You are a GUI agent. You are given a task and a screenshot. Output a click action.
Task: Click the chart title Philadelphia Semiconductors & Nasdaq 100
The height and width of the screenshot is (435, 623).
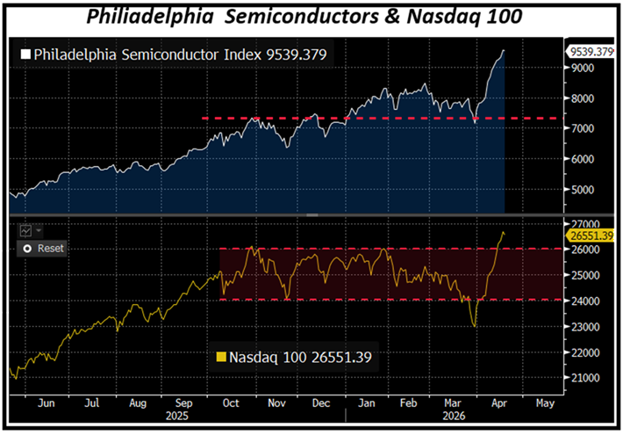tap(311, 17)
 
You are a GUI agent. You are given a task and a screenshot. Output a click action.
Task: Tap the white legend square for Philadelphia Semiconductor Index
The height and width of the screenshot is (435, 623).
tap(25, 54)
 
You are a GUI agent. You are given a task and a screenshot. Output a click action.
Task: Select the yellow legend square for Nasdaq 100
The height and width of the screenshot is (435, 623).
tap(221, 357)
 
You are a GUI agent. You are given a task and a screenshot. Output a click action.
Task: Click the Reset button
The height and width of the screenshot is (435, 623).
tap(44, 249)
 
